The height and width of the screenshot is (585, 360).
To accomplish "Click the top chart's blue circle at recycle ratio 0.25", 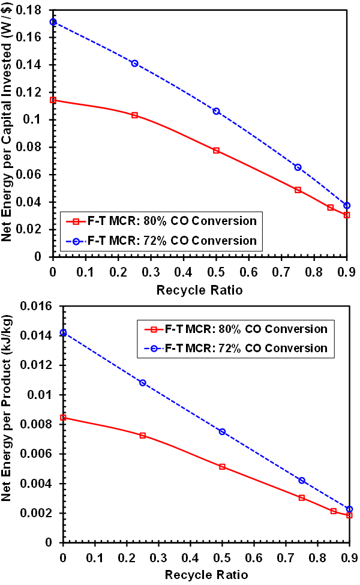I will click(134, 64).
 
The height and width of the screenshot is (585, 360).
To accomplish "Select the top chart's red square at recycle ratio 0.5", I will click(216, 151).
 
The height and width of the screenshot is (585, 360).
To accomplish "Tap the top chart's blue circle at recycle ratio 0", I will click(53, 22).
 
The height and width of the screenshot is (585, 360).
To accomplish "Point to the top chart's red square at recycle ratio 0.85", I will click(330, 208).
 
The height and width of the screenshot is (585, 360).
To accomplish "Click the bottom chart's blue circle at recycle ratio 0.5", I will click(222, 431).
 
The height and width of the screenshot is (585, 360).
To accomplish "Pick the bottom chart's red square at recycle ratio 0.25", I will click(142, 435).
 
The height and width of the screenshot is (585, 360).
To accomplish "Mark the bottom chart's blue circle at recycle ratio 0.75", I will click(302, 480).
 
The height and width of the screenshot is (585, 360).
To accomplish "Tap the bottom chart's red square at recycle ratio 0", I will click(63, 418).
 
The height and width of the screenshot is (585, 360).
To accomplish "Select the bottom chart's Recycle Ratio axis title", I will click(206, 574).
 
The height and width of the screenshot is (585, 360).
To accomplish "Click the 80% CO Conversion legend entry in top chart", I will click(161, 221).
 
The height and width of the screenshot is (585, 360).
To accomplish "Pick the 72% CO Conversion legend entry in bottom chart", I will click(236, 348).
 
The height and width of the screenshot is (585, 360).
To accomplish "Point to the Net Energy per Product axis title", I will click(10, 424).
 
